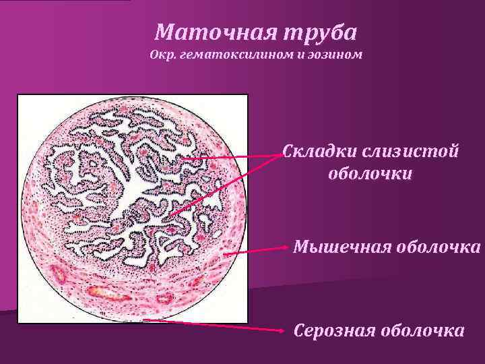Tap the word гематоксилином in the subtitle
point(231,54)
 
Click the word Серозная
point(333,331)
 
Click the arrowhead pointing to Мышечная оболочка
point(288,248)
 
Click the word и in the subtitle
point(301,54)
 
